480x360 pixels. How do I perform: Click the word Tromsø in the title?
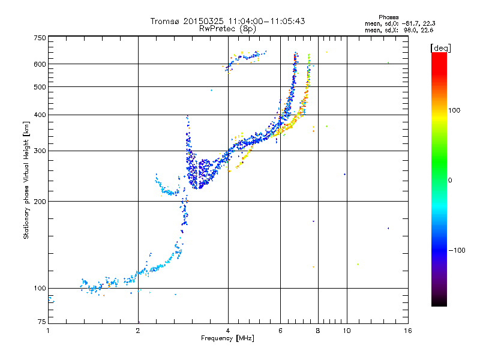click(165, 21)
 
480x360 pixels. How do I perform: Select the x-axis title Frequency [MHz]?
click(227, 339)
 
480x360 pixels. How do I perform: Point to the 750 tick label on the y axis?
click(40, 38)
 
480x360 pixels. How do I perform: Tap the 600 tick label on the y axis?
click(40, 64)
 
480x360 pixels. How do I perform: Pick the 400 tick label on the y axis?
click(40, 115)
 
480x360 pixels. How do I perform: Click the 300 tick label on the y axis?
click(40, 151)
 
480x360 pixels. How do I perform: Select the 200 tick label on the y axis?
click(40, 202)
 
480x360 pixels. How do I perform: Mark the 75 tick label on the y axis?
click(41, 323)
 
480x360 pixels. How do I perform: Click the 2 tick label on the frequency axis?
click(138, 330)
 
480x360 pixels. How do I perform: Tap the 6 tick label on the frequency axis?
click(281, 330)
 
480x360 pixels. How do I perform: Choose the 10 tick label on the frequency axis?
click(346, 330)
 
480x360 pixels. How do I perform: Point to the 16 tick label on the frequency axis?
click(407, 330)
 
